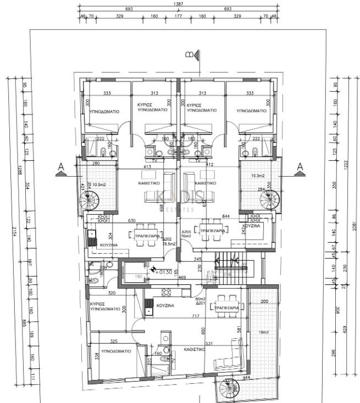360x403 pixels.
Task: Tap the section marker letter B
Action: click(x=189, y=54)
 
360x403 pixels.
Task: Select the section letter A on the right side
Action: click(x=300, y=166)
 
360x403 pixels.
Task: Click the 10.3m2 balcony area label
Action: click(x=258, y=176)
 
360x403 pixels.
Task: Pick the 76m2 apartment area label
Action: click(x=187, y=237)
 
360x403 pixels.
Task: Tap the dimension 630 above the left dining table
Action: click(x=132, y=221)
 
